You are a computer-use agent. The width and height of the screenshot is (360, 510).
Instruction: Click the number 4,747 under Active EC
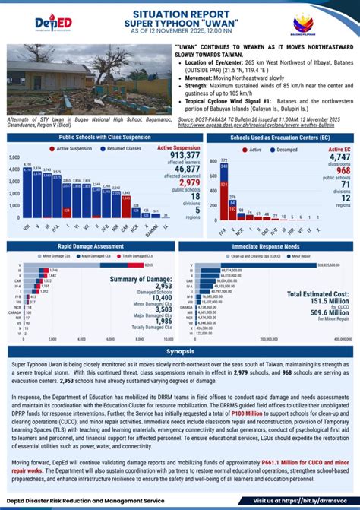pos(339,157)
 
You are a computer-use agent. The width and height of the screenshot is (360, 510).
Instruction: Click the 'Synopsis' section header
pos(180,352)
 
